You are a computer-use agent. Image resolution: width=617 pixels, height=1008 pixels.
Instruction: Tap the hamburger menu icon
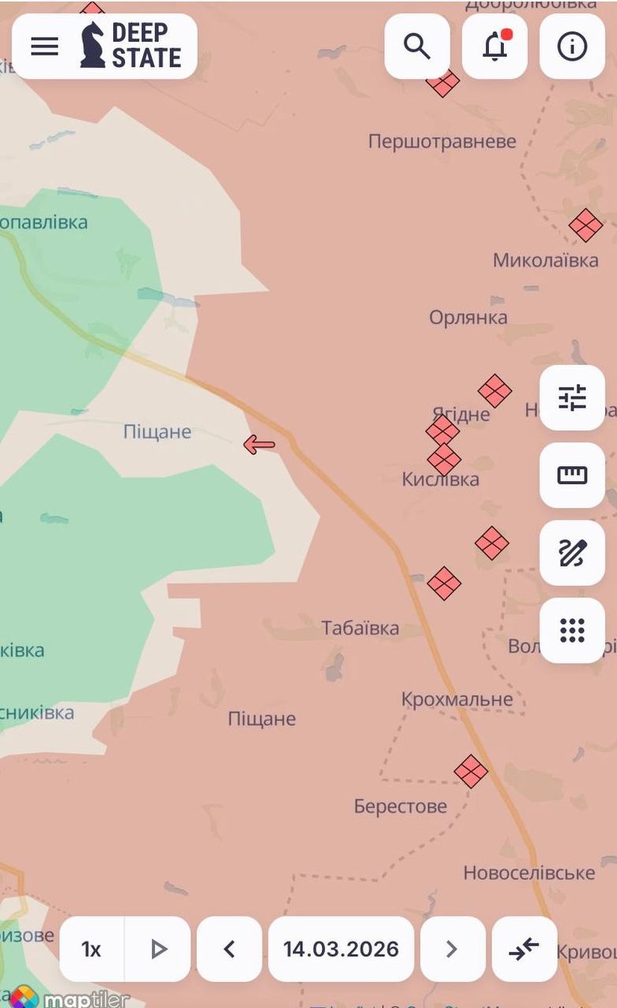coord(44,46)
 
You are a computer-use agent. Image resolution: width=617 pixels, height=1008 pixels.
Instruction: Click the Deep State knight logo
coord(93,45)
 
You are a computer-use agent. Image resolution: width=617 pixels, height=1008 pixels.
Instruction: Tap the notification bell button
coord(494,46)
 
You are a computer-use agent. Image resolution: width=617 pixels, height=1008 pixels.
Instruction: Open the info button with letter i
coord(572,46)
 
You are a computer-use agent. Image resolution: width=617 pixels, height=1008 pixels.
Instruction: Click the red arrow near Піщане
coord(259,445)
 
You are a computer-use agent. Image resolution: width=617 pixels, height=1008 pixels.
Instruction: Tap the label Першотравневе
coord(441,142)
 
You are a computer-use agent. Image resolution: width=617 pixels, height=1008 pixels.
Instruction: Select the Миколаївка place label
coord(545,260)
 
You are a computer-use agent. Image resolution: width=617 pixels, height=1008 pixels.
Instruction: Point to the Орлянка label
coord(468,317)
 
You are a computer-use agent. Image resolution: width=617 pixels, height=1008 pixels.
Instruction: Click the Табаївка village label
coord(360,628)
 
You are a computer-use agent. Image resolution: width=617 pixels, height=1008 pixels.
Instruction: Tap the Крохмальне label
coord(456,699)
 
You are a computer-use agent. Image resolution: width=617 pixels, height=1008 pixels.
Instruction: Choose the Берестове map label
coord(400,806)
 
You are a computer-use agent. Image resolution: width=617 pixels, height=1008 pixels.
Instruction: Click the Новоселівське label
coord(528,873)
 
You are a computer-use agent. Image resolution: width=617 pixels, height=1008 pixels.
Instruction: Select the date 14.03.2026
coord(341,949)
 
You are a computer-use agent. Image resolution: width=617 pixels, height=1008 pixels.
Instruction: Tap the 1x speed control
coord(92,949)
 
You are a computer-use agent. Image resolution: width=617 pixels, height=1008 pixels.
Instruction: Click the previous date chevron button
coord(229,949)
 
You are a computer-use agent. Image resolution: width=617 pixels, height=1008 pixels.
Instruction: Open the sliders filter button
coord(572,398)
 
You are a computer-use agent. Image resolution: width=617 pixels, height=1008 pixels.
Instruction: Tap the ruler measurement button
coord(572,475)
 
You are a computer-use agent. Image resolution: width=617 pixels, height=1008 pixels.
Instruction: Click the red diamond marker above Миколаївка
coord(585,225)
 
